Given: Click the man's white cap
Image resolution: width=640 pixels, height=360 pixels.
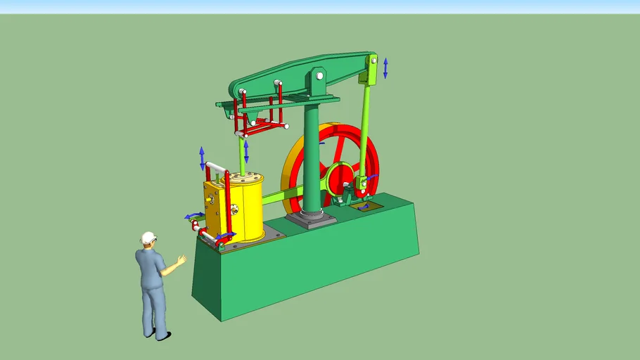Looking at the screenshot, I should pos(147,237).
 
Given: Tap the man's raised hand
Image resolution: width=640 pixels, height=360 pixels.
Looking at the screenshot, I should pos(181,261).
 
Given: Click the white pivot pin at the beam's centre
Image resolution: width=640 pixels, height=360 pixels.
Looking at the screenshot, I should pos(319,75).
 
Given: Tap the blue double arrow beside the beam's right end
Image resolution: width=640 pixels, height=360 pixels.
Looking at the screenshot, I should pos(385,69).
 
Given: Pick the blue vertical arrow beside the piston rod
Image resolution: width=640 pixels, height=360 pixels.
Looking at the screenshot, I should pos(245,151).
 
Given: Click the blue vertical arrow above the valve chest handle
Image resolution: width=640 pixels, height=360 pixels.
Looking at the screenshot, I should pos(203,157).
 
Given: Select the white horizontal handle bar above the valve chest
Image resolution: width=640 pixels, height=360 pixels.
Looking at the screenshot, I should pos(216,169).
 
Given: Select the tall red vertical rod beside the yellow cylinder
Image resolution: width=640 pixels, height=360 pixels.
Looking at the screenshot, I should pos(227,203).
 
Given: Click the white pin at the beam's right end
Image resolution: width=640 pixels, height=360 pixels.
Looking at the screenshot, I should pos(373,62).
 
